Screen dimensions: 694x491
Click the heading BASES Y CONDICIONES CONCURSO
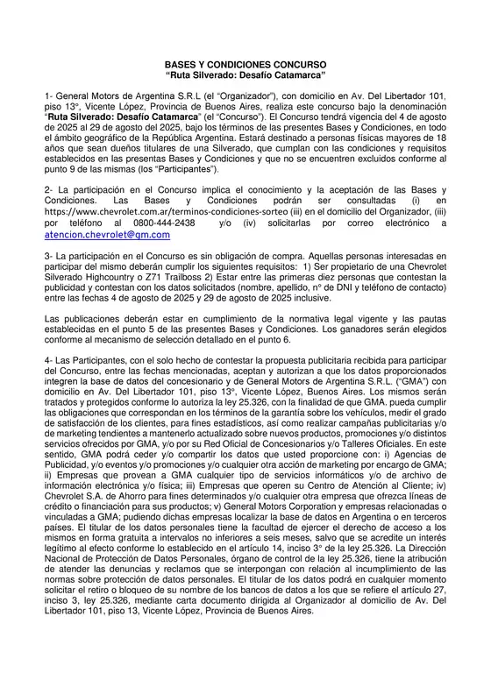coord(245,65)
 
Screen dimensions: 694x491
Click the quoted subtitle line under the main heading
coord(245,75)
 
